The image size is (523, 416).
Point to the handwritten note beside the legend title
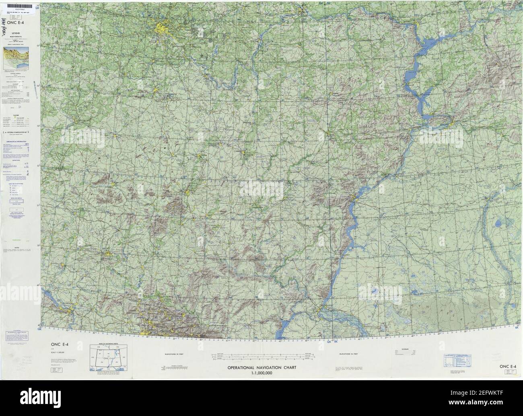7,28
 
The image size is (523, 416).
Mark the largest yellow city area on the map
163,30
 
